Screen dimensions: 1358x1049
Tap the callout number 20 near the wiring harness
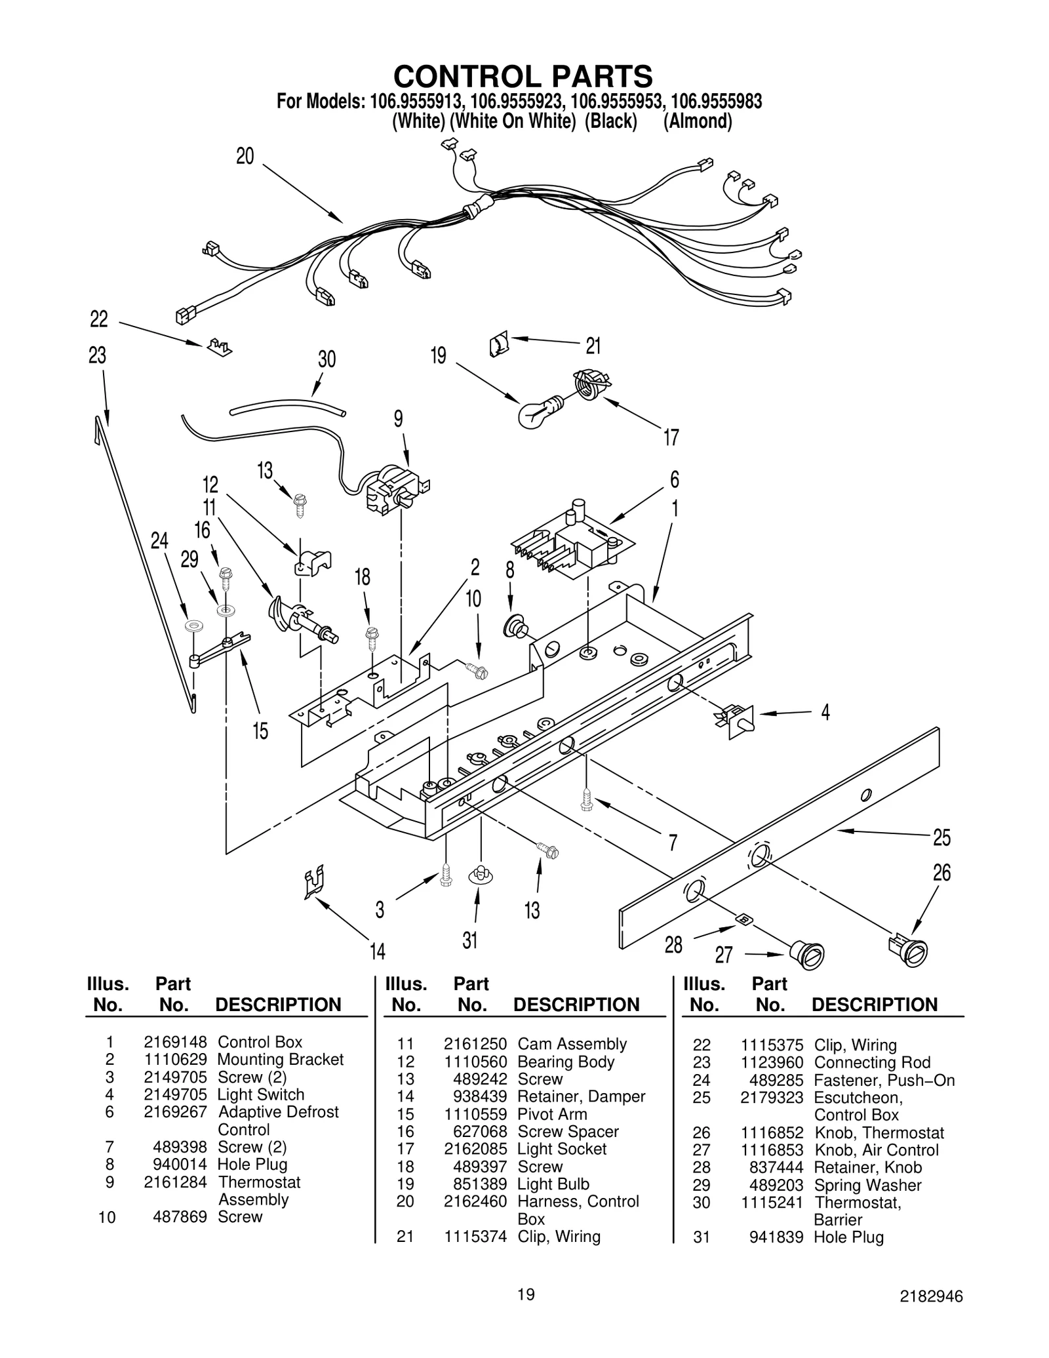(x=245, y=157)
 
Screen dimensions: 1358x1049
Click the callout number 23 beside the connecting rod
(x=97, y=356)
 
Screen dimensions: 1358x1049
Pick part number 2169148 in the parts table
(x=175, y=1043)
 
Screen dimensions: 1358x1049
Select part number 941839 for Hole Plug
(x=776, y=1237)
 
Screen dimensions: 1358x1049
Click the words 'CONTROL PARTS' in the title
(x=523, y=76)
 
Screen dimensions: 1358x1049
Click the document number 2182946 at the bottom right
(x=931, y=1296)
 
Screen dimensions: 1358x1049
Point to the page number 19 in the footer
(x=525, y=1294)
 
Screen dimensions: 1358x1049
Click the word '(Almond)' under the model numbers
(x=697, y=122)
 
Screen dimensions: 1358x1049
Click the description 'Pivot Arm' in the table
(x=552, y=1114)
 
